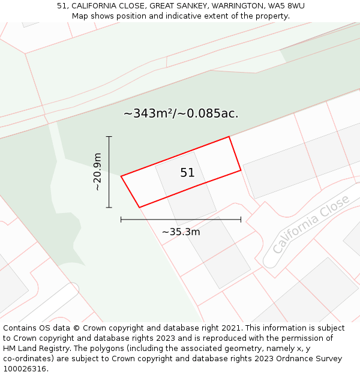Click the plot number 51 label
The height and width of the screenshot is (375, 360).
pyautogui.click(x=187, y=173)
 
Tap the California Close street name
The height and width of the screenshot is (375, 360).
pyautogui.click(x=310, y=224)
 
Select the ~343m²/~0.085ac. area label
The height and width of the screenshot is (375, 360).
pyautogui.click(x=181, y=113)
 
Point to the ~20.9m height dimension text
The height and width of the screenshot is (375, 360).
pyautogui.click(x=97, y=172)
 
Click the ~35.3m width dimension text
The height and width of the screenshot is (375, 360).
pyautogui.click(x=181, y=232)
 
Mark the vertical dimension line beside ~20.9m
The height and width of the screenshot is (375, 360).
pyautogui.click(x=109, y=172)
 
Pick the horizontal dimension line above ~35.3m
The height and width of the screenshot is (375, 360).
pyautogui.click(x=181, y=220)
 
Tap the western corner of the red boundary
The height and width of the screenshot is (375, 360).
pyautogui.click(x=121, y=176)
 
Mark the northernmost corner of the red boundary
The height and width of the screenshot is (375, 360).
pyautogui.click(x=229, y=137)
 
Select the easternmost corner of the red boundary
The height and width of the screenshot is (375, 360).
pyautogui.click(x=241, y=170)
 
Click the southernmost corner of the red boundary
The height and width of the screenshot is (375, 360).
pyautogui.click(x=139, y=208)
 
